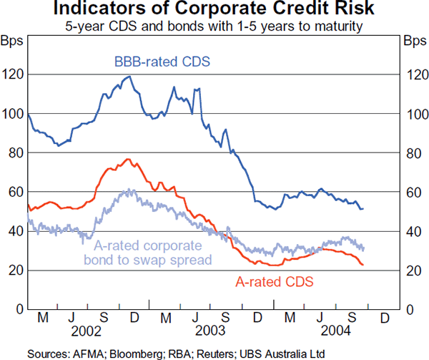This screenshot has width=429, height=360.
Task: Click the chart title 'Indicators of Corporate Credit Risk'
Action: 214,9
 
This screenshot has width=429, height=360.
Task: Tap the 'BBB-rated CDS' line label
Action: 162,62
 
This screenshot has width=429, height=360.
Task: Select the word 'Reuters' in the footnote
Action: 213,353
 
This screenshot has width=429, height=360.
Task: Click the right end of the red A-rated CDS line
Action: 363,266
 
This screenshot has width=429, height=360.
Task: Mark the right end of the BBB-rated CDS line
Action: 363,208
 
